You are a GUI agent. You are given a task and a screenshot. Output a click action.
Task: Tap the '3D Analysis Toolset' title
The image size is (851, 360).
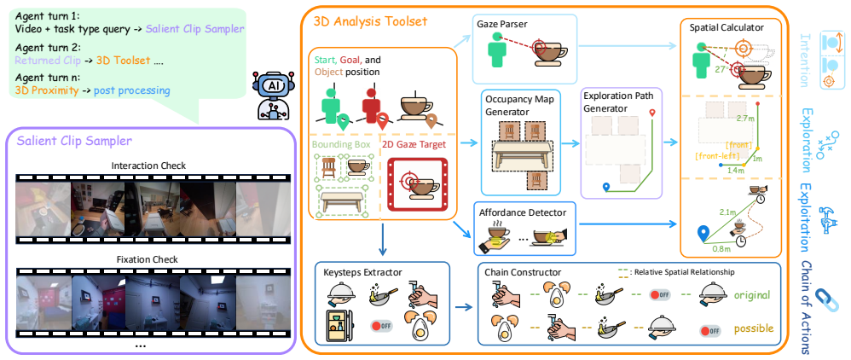click(371, 21)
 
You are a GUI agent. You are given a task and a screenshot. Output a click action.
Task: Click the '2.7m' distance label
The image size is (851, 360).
click(746, 117)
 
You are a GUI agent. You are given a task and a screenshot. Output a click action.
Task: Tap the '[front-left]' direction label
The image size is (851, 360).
click(717, 157)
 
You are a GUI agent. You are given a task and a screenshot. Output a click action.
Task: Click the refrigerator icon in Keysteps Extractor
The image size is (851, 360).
click(335, 326)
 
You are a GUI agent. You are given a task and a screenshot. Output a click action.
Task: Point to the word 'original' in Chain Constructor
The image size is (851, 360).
click(752, 295)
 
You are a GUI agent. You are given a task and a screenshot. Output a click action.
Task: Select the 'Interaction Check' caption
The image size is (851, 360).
click(148, 165)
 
